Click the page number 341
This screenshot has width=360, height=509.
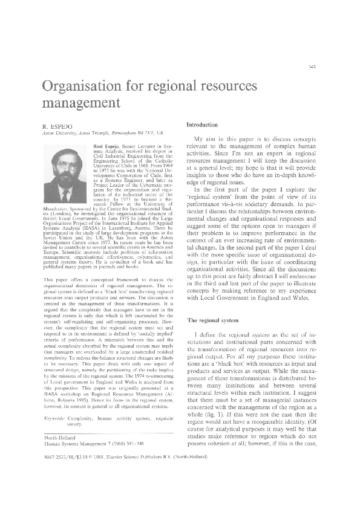[312, 66]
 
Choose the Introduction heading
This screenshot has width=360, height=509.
[206, 124]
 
